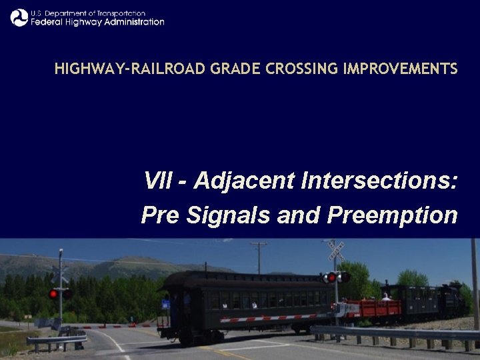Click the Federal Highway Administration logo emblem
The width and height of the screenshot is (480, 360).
click(19, 17)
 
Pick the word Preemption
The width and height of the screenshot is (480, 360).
click(392, 215)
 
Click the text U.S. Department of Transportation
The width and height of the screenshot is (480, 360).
click(88, 13)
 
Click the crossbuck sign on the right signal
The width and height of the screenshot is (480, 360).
click(336, 251)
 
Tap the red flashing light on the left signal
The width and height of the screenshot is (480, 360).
click(53, 293)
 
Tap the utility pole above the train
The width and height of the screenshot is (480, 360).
click(259, 257)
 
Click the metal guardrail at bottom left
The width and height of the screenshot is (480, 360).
click(57, 340)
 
